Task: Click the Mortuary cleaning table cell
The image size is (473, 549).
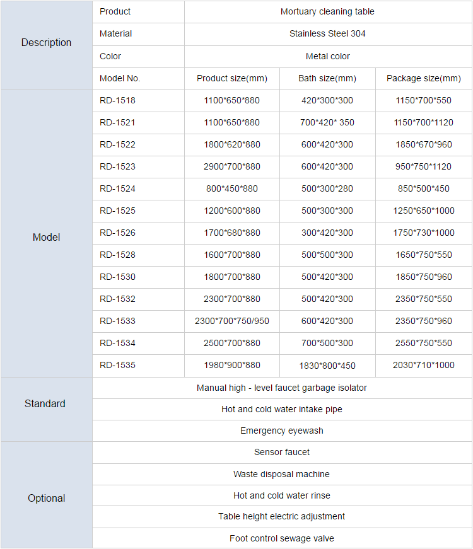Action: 327,11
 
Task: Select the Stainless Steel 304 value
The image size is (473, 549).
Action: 327,33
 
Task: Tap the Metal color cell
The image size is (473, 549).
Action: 327,56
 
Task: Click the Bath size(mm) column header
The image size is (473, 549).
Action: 327,79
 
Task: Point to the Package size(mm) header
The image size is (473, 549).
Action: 423,79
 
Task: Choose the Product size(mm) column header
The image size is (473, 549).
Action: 231,79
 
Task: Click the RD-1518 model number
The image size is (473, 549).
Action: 117,100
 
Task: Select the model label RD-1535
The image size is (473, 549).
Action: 117,365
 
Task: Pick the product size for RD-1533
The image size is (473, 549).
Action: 231,321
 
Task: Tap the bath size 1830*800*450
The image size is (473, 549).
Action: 327,366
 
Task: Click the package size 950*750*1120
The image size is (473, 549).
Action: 423,166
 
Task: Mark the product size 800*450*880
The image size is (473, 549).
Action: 231,188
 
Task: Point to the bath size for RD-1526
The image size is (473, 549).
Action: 327,233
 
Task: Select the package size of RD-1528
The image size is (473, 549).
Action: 423,255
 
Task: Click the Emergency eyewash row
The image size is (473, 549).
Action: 281,431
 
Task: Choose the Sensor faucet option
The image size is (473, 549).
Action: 281,452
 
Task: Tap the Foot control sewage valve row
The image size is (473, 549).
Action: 281,538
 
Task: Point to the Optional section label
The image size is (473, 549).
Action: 46,498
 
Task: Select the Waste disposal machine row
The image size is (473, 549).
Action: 281,474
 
